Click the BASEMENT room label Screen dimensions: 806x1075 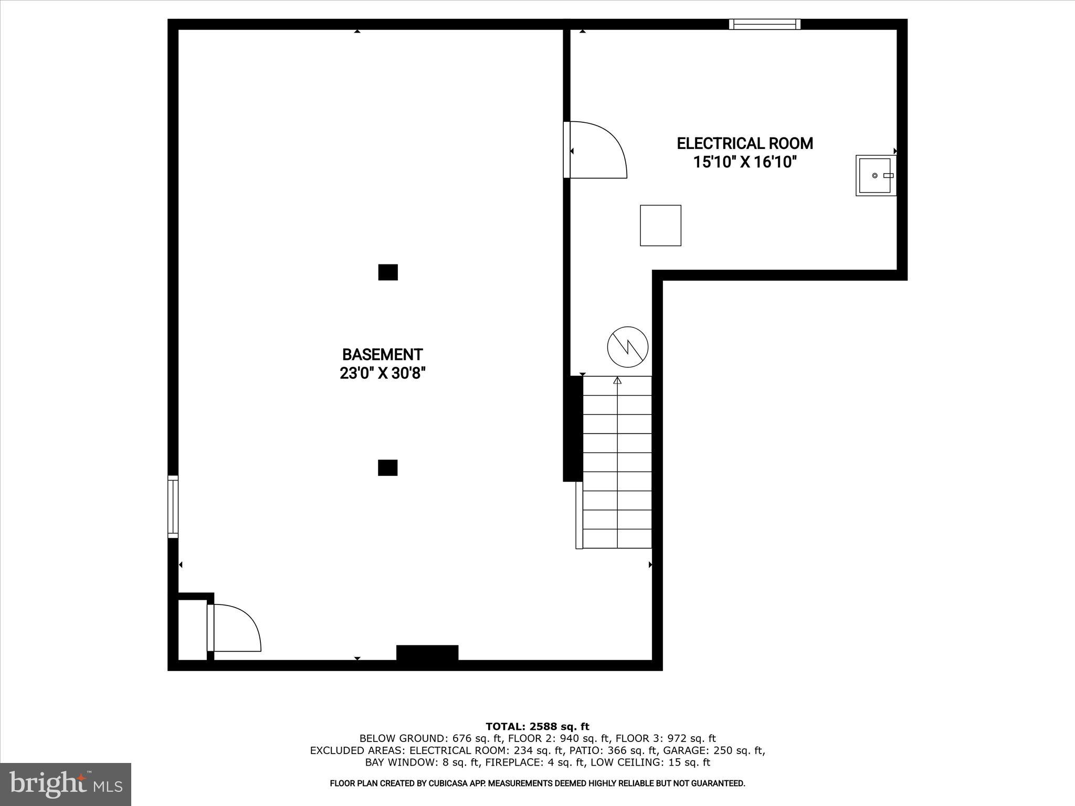[382, 355]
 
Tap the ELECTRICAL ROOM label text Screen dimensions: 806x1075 [745, 143]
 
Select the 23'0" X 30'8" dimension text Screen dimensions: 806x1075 [382, 374]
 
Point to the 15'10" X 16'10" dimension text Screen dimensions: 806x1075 [745, 162]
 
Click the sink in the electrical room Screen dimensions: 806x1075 [875, 175]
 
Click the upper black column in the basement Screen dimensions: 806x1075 [388, 272]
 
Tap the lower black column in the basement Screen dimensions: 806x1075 [387, 468]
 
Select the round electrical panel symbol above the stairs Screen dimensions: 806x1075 [628, 346]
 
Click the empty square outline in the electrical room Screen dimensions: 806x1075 [660, 225]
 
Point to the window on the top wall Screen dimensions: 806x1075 [765, 24]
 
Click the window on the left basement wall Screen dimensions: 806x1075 [173, 506]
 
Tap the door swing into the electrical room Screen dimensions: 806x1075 [598, 150]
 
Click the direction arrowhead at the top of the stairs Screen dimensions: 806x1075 [617, 380]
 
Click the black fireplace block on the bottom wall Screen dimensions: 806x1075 [427, 653]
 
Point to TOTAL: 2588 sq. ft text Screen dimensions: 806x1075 [537, 727]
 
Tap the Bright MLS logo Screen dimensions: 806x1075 [66, 784]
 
